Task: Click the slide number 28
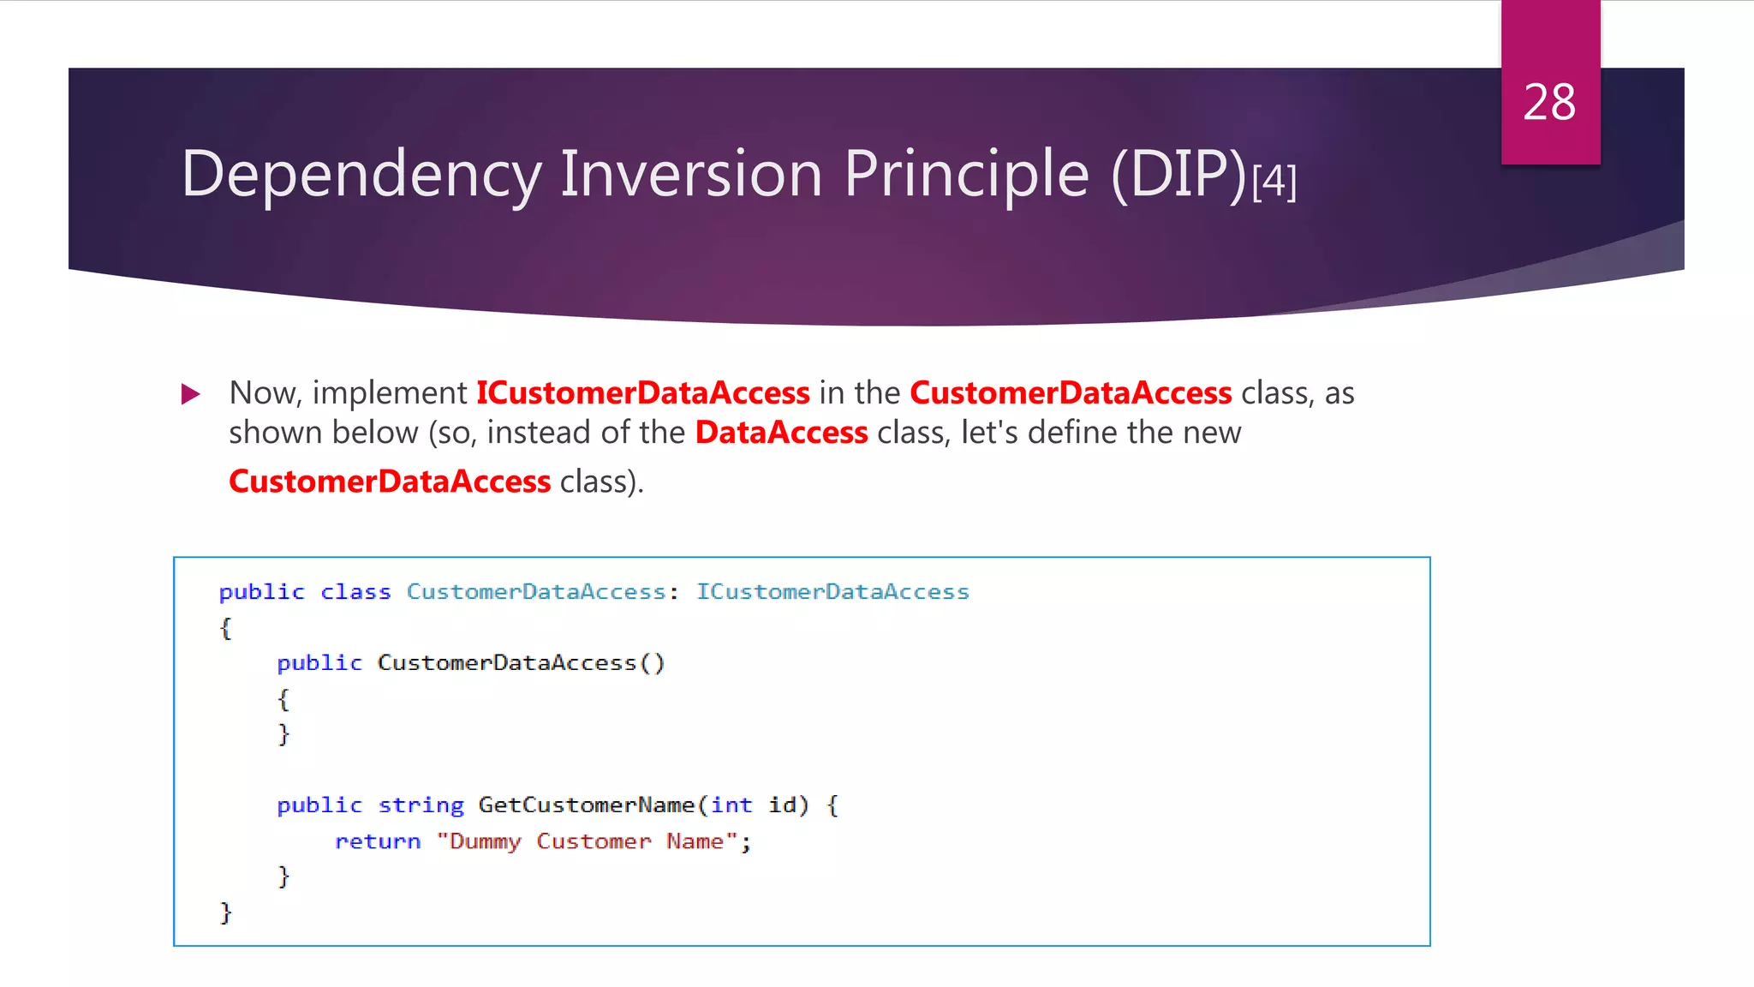(x=1549, y=103)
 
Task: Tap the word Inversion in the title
(x=691, y=173)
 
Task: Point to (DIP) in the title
(x=1178, y=175)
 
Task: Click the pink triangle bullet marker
(x=191, y=394)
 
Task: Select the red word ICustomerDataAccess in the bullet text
(x=642, y=393)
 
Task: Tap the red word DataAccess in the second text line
(x=781, y=433)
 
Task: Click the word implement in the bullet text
(x=390, y=393)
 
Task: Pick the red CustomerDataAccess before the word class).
(x=390, y=482)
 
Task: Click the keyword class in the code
(x=355, y=592)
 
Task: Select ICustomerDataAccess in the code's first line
(x=832, y=592)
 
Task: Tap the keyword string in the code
(x=421, y=805)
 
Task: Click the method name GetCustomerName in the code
(x=586, y=805)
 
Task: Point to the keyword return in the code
(x=378, y=841)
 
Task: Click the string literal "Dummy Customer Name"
(x=588, y=841)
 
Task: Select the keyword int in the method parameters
(x=731, y=805)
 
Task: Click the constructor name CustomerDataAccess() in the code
(x=521, y=663)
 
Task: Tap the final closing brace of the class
(x=225, y=912)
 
